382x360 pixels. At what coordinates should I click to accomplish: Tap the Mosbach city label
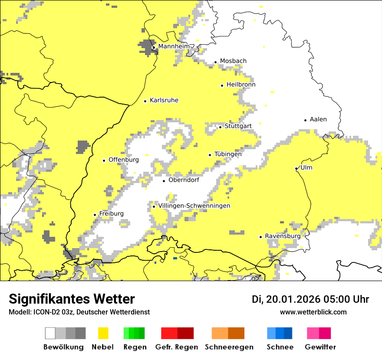(233, 61)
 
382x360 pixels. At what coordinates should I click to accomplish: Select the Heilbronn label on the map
(241, 85)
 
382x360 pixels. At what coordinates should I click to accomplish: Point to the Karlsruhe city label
(164, 101)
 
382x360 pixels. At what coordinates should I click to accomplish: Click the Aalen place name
(318, 119)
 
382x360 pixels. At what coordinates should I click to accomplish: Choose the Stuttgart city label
(238, 126)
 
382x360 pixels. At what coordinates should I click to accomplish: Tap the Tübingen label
(228, 154)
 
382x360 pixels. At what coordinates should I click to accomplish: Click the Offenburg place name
(124, 160)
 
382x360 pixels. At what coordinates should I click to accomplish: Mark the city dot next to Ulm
(296, 168)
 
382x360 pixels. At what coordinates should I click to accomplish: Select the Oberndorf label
(184, 180)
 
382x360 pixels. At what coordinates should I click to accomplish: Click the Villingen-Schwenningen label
(194, 206)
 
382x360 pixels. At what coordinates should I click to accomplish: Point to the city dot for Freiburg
(95, 215)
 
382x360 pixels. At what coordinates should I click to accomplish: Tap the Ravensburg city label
(283, 236)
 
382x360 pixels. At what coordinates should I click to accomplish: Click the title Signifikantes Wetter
(72, 299)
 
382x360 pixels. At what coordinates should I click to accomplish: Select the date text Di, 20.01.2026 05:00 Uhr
(310, 299)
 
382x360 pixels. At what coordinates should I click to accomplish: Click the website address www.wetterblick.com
(313, 312)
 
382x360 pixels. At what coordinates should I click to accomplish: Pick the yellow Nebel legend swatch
(103, 333)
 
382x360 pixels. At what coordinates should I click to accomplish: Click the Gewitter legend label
(320, 347)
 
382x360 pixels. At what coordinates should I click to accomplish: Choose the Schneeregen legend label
(229, 347)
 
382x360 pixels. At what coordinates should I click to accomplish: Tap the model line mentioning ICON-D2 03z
(79, 312)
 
